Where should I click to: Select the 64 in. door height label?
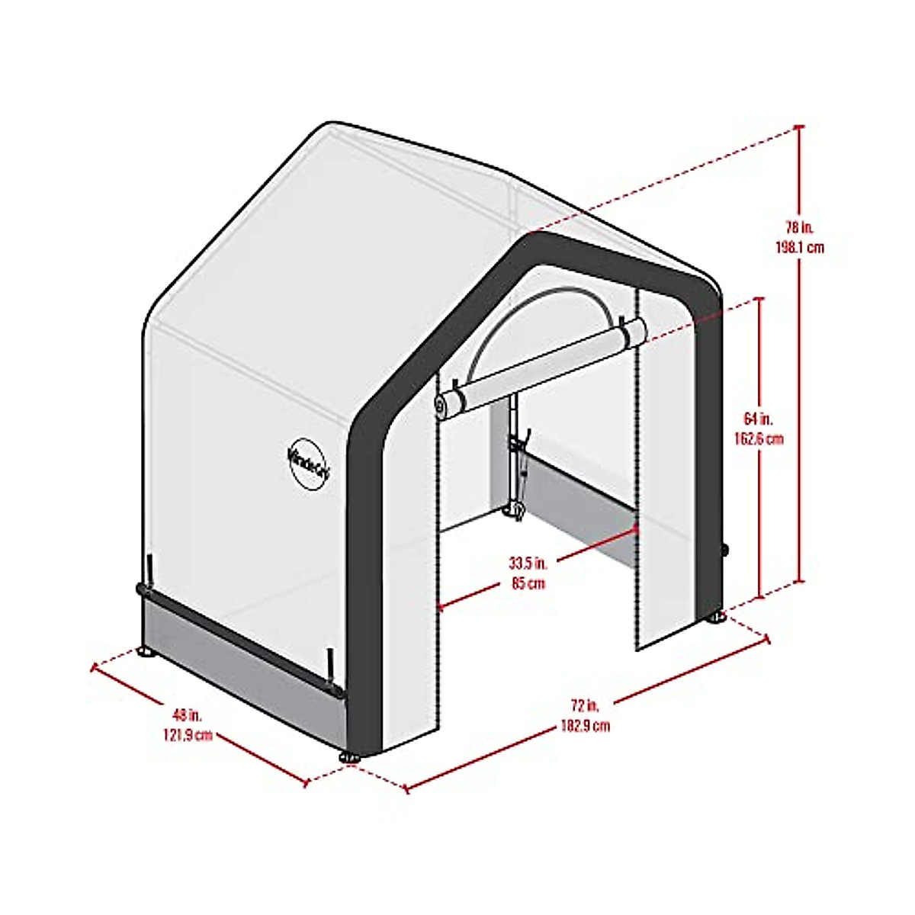coord(758,419)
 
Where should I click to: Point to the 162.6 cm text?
coord(758,439)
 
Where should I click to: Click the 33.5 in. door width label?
coord(528,564)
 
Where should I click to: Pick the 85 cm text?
coord(528,584)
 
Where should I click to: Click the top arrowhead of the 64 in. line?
coord(759,300)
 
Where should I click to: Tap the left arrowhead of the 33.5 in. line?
coord(440,607)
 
